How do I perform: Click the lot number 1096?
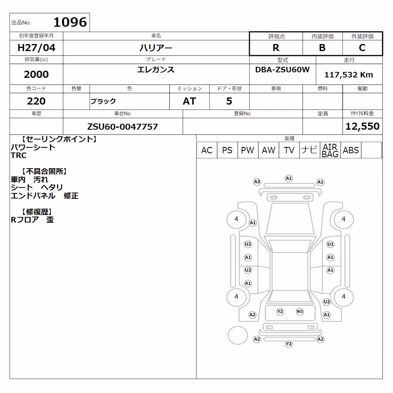tap(70, 22)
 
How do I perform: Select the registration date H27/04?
tap(36, 48)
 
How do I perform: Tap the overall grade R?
tap(276, 48)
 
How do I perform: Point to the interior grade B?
tap(322, 48)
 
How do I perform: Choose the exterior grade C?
tap(362, 48)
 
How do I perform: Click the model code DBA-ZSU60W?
tap(283, 70)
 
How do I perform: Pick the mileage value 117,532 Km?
tap(349, 75)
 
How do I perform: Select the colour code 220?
tap(36, 101)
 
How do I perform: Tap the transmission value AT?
tap(189, 101)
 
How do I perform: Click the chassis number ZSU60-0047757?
tap(123, 127)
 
